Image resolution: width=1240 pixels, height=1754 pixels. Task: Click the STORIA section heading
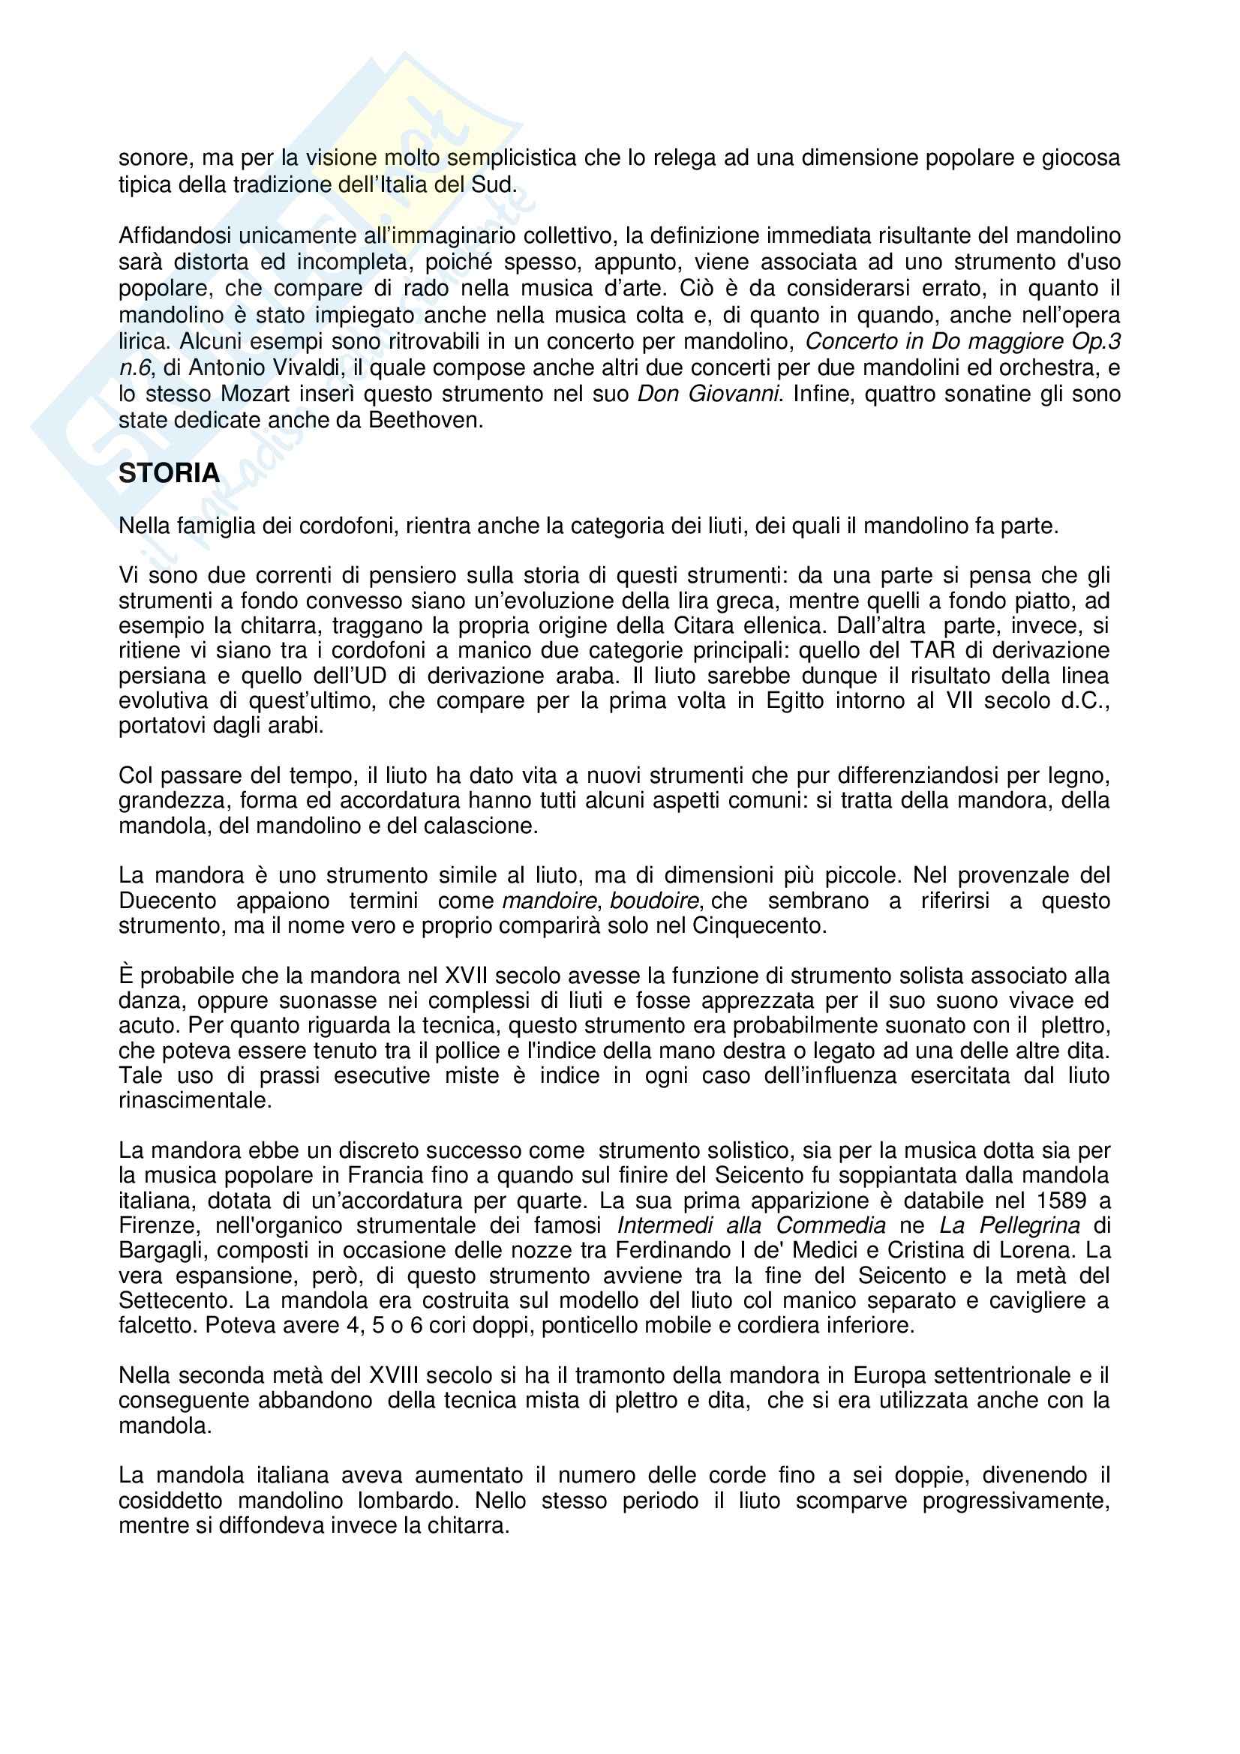pyautogui.click(x=169, y=474)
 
